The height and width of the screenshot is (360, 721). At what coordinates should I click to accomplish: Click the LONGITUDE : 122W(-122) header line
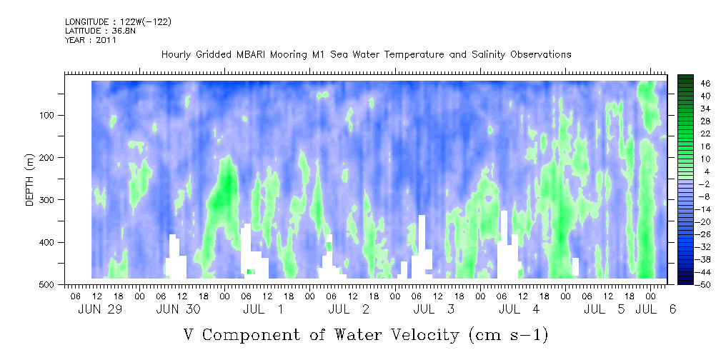pyautogui.click(x=118, y=21)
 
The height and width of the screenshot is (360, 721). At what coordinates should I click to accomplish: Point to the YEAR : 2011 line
pyautogui.click(x=91, y=40)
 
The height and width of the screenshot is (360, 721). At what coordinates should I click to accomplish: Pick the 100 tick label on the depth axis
pyautogui.click(x=49, y=116)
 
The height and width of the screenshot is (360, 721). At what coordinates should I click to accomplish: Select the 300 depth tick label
pyautogui.click(x=49, y=200)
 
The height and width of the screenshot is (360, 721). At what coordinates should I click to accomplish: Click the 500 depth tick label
pyautogui.click(x=49, y=284)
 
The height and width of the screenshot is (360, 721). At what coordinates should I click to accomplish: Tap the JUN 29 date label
pyautogui.click(x=100, y=309)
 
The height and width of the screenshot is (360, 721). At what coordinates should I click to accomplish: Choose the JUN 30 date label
pyautogui.click(x=178, y=309)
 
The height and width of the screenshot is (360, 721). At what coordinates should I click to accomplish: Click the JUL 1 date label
pyautogui.click(x=263, y=309)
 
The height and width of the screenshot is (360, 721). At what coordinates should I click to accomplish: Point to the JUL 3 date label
pyautogui.click(x=434, y=309)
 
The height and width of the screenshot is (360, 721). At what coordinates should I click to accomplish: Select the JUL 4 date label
pyautogui.click(x=519, y=309)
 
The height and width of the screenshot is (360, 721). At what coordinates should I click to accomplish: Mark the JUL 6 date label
pyautogui.click(x=656, y=309)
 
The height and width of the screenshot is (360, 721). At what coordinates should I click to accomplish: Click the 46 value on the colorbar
pyautogui.click(x=706, y=84)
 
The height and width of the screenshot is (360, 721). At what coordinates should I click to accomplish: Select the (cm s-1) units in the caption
pyautogui.click(x=509, y=336)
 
